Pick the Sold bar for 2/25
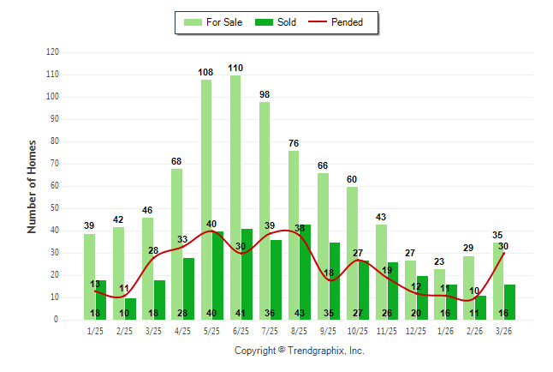[130, 309]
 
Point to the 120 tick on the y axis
[52, 52]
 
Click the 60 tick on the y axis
[54, 186]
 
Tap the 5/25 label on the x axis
[212, 330]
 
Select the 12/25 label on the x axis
[417, 330]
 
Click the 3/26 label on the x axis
[504, 330]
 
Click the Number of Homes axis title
[33, 186]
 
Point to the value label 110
[235, 68]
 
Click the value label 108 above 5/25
[205, 72]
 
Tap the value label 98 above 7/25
[264, 94]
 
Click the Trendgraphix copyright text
[300, 351]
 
